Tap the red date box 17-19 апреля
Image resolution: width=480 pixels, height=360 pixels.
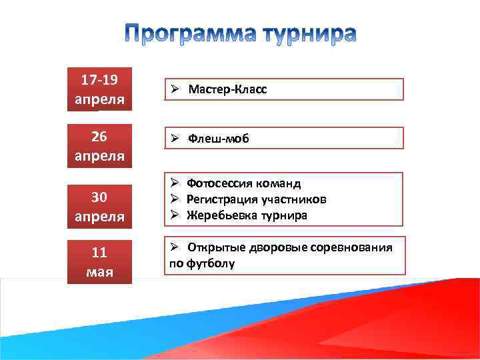click(99, 89)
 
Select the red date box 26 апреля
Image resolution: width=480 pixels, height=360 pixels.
click(99, 145)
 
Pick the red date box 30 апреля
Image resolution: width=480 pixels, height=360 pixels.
click(99, 206)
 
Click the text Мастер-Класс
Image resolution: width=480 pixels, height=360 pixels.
click(227, 89)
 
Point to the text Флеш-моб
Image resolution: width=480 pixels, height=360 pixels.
click(219, 139)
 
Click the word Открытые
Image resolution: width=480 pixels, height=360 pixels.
click(217, 247)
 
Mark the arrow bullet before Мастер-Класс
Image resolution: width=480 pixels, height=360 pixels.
click(173, 89)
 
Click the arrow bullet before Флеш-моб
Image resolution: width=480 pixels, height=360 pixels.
click(173, 139)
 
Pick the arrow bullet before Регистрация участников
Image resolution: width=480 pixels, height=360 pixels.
click(173, 199)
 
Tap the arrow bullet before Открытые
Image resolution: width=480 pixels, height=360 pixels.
click(173, 247)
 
